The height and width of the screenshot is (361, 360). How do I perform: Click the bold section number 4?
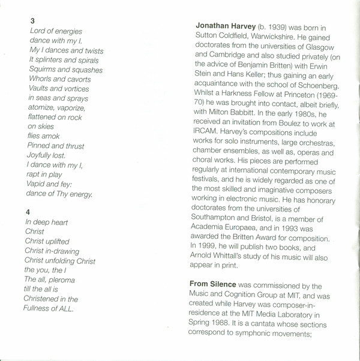[28, 212]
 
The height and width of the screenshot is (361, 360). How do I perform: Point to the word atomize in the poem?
[43, 108]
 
